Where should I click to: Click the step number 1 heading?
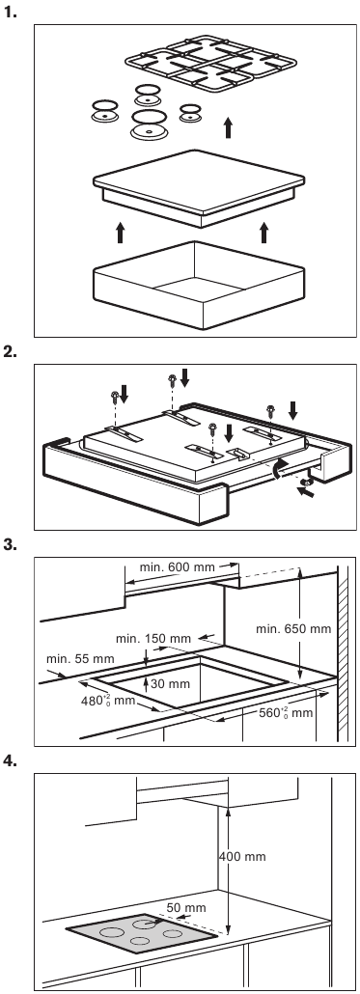coord(10,12)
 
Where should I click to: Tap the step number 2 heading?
coord(10,352)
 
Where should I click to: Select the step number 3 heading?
coord(10,544)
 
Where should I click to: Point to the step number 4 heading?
coord(10,760)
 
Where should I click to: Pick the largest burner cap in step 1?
coord(150,124)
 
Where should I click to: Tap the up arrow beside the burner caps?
coord(228,128)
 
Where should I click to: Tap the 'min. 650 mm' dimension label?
coord(293,629)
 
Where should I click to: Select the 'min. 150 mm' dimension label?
coord(153,638)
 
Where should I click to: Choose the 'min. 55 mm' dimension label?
coord(80,659)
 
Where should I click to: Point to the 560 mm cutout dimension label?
coord(287,712)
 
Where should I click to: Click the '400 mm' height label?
coord(242,856)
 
